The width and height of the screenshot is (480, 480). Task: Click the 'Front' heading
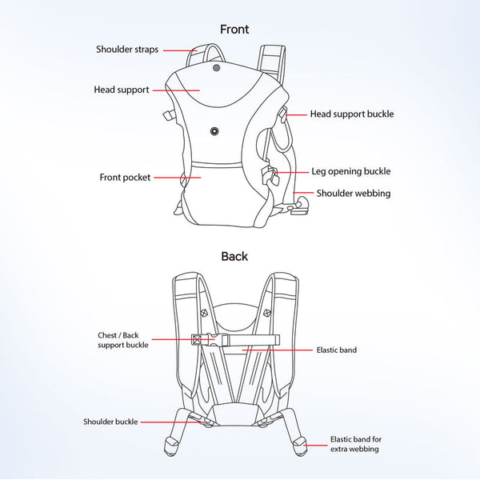[234, 30]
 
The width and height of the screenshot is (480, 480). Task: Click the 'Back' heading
[234, 257]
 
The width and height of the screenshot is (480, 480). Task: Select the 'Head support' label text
[122, 90]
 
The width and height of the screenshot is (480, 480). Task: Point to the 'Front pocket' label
[125, 177]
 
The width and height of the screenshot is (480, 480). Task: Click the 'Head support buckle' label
[352, 114]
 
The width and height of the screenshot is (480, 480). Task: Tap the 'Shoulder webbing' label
[354, 194]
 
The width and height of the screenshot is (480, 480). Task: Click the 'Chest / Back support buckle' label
[122, 339]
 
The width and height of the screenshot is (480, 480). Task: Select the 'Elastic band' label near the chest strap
[337, 350]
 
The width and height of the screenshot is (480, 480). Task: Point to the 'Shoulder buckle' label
[110, 422]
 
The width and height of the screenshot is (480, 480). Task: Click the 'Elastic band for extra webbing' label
[354, 444]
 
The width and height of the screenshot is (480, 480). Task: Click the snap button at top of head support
[216, 70]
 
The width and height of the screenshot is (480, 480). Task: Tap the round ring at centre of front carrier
[214, 130]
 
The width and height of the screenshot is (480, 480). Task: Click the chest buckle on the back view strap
[200, 340]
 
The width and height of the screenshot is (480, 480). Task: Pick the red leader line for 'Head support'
[168, 90]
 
